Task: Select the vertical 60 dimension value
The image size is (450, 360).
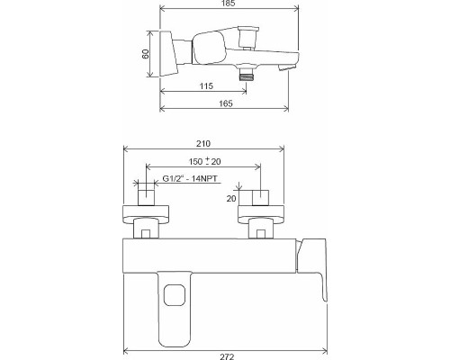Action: coord(144,55)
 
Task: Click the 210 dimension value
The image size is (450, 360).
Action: coord(203,142)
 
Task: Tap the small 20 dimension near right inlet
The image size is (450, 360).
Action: coord(232,198)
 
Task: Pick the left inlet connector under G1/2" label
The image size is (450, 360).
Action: coord(145,199)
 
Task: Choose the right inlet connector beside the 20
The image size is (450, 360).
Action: coord(260,199)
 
